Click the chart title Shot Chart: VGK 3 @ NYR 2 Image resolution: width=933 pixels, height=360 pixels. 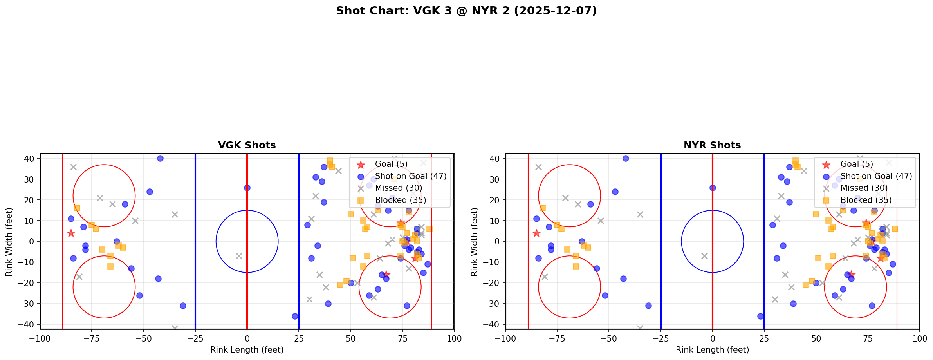tap(466, 11)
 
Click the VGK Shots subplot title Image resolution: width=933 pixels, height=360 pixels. tap(247, 145)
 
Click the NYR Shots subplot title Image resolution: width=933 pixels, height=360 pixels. tap(712, 145)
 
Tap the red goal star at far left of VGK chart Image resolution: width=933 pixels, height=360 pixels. tap(71, 233)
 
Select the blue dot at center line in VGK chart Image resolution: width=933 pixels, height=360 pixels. tap(247, 188)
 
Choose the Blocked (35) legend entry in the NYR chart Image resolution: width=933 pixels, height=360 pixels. tap(866, 200)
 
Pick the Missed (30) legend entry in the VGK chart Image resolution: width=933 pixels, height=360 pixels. tap(398, 188)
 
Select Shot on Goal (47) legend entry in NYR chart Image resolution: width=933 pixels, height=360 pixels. tap(876, 176)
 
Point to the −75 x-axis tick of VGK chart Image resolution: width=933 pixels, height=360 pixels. tap(92, 338)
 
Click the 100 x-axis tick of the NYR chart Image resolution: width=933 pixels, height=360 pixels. tap(919, 338)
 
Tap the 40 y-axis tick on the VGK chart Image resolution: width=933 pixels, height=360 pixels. tap(31, 159)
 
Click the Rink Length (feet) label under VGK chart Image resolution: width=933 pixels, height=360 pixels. tap(247, 350)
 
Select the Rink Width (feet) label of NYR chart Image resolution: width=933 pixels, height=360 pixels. tap(474, 242)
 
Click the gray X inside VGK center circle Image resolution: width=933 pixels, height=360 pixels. tap(239, 256)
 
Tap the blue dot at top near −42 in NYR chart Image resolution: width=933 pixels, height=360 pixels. tap(626, 159)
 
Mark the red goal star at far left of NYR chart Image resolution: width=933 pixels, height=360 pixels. tap(536, 233)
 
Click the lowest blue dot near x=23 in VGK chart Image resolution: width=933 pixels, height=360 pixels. tap(295, 316)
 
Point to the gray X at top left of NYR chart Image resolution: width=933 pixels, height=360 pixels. tap(538, 167)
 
